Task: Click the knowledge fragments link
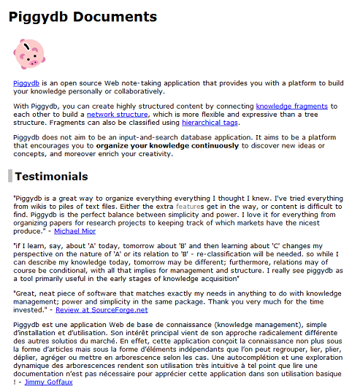point(291,107)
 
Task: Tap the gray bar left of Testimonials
point(10,176)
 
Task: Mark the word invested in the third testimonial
point(30,310)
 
